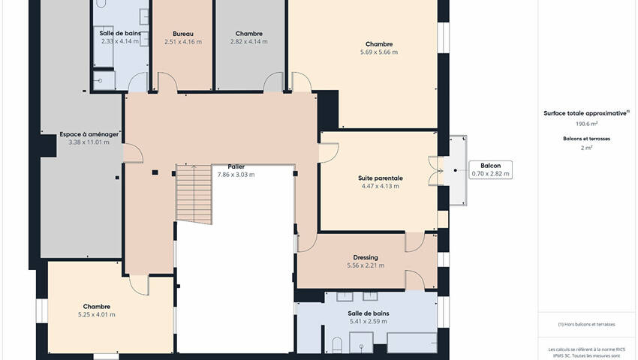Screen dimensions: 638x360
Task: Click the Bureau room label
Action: pos(182,34)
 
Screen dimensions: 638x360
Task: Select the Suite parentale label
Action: pos(381,178)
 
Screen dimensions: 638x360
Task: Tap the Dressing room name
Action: pos(366,257)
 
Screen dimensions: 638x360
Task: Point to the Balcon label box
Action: pos(490,169)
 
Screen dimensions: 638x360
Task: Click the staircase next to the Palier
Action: pos(194,194)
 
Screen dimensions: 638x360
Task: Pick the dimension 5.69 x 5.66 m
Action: pos(379,52)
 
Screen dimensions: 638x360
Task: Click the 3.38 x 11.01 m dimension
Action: pos(89,142)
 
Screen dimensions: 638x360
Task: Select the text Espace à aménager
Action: pos(89,134)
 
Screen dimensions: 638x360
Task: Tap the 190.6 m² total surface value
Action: pos(586,124)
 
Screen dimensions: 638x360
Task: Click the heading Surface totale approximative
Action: pos(585,113)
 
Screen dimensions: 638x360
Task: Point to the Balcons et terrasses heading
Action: pos(586,139)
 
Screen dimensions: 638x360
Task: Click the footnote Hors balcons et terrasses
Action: pos(586,324)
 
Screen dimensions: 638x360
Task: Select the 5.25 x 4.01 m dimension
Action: pos(96,314)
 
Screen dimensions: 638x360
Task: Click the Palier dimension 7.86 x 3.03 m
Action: pos(236,175)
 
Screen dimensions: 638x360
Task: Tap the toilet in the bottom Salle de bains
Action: pos(337,345)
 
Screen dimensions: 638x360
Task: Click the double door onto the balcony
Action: pos(436,171)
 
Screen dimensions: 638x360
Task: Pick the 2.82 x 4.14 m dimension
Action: pos(249,41)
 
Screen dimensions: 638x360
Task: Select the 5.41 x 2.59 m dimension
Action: pos(369,321)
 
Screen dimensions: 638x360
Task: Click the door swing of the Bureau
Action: pos(167,82)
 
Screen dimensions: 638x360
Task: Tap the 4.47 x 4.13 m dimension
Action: pos(381,186)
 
